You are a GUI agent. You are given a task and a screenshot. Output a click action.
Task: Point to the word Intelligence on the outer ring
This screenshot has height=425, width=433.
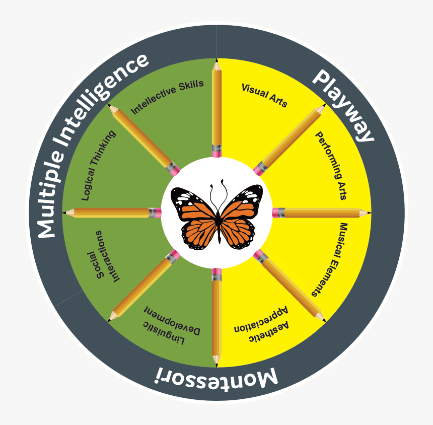[103, 99]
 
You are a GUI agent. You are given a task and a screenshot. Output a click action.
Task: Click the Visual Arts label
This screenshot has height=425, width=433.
[264, 95]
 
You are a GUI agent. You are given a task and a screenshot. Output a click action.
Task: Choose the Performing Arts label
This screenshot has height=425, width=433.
[331, 166]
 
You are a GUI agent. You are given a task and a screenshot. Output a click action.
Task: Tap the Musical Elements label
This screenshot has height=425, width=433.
[330, 260]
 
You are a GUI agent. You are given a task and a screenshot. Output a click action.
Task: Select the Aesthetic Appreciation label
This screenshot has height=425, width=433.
[261, 324]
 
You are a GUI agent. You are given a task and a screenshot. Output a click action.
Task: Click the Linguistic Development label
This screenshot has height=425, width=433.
[171, 325]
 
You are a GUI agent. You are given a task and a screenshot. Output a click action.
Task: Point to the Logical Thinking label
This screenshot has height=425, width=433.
[98, 165]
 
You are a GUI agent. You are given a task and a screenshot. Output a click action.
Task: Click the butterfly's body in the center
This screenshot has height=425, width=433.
[219, 226]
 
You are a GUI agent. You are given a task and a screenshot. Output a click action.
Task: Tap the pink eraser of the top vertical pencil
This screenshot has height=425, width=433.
[216, 154]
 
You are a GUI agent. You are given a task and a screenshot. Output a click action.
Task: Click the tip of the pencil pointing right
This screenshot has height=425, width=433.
[370, 212]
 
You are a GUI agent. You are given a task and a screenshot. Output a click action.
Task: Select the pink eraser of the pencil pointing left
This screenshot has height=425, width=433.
[158, 213]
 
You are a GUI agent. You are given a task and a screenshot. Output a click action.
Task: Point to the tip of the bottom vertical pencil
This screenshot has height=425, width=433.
[216, 367]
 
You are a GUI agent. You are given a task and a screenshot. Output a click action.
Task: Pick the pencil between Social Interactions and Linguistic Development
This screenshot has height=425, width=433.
[143, 286]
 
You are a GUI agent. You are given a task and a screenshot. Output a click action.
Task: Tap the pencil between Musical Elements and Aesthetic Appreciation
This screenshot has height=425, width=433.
[290, 286]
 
